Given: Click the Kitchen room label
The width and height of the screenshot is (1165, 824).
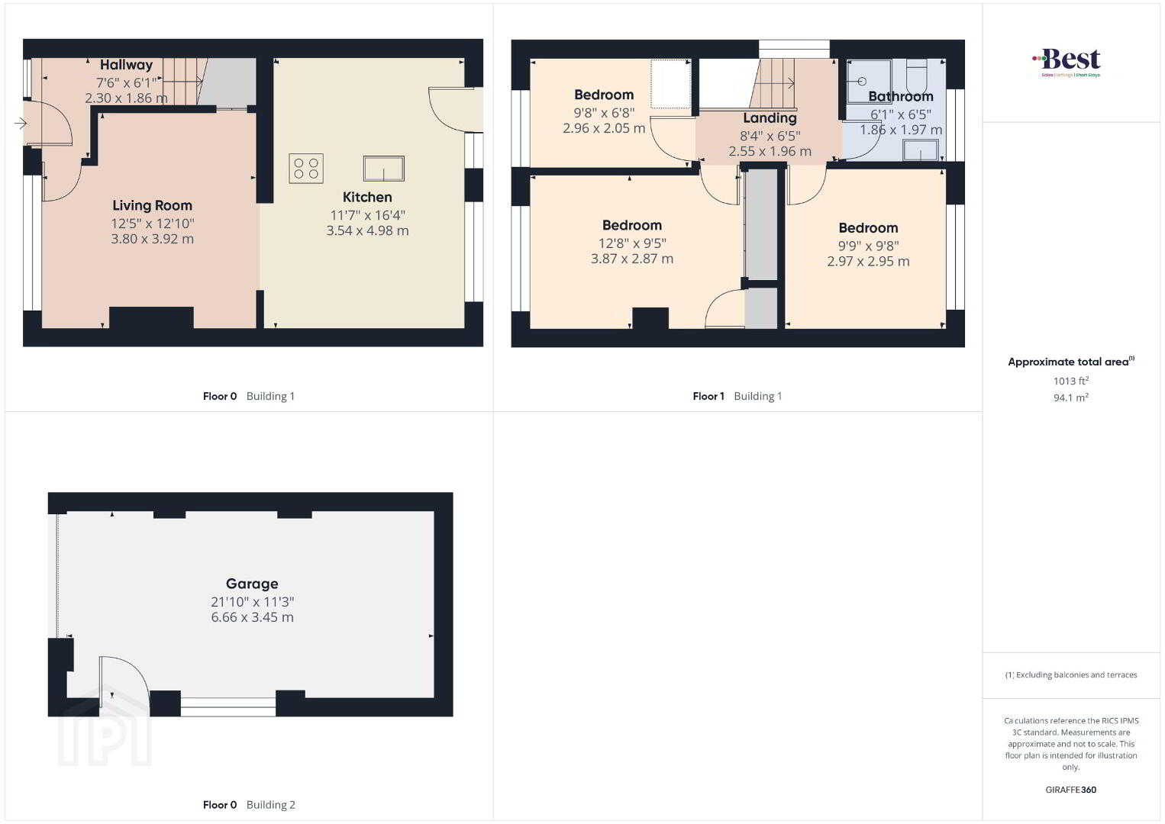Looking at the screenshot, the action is tap(367, 197).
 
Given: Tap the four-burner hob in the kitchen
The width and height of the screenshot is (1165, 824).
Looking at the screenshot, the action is tap(306, 169).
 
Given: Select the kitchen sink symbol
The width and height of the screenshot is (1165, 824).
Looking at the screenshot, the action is tap(384, 169).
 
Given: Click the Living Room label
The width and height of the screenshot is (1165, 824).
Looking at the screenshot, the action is tap(153, 205).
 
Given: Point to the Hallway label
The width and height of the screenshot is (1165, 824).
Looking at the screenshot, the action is tap(127, 65).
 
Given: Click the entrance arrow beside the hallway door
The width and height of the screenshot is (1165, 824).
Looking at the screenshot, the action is tap(21, 123).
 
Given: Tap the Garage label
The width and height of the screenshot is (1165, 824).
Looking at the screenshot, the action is tap(252, 584).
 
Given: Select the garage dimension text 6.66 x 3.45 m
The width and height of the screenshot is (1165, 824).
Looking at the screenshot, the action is tap(252, 617).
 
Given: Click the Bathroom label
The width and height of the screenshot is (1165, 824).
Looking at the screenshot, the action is tap(901, 96).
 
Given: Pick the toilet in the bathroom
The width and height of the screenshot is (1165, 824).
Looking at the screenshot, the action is tap(916, 76).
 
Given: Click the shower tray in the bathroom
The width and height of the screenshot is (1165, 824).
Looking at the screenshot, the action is tap(870, 81).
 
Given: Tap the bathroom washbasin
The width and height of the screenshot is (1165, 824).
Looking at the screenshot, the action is tap(921, 150).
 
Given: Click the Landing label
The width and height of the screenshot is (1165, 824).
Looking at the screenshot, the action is tap(770, 118).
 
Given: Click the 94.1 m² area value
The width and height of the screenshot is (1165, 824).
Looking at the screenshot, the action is tap(1071, 398).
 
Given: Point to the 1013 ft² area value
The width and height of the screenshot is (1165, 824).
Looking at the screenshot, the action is tap(1071, 381).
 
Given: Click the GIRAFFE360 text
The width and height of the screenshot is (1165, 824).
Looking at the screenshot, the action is tap(1071, 790).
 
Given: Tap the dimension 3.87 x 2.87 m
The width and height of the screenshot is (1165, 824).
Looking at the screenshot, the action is tap(632, 259).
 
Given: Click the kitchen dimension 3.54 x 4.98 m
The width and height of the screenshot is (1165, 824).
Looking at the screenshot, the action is tap(367, 230).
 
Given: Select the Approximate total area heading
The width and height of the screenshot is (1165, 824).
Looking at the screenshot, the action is tap(1071, 362).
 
